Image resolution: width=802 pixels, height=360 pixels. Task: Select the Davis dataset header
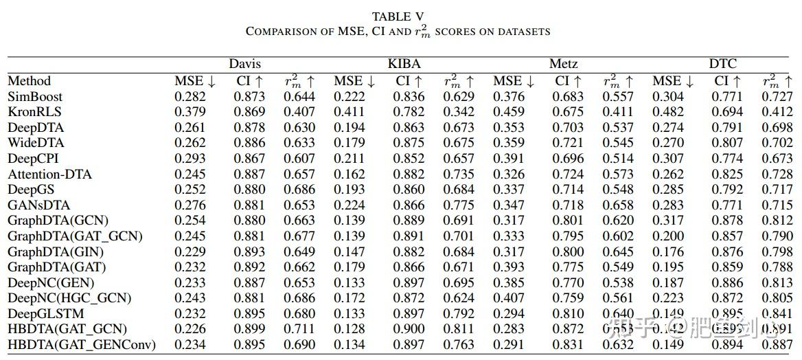(x=245, y=64)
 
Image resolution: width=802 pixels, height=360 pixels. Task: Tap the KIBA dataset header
(x=404, y=64)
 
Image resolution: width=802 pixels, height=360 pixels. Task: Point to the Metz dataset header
(x=564, y=64)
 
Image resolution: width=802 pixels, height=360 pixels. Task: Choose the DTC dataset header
(x=722, y=64)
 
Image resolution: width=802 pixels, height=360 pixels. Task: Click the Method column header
(x=30, y=81)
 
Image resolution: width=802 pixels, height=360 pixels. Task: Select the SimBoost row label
(x=34, y=97)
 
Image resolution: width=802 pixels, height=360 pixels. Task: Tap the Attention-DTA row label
(x=49, y=175)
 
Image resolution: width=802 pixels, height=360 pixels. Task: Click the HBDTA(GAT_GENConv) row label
(x=82, y=344)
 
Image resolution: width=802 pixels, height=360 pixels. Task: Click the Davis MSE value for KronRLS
(x=190, y=112)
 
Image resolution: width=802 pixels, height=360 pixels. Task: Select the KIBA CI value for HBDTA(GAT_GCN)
(x=409, y=329)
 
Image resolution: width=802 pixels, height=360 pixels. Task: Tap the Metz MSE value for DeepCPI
(x=508, y=159)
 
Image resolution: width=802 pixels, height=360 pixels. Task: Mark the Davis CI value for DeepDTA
(x=249, y=128)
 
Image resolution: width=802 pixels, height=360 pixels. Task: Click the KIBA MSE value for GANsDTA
(x=349, y=205)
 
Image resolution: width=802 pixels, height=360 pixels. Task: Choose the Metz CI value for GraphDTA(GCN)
(x=568, y=221)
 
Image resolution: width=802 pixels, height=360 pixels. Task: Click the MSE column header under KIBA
(x=354, y=81)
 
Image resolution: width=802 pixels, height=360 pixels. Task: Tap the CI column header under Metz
(x=568, y=81)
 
